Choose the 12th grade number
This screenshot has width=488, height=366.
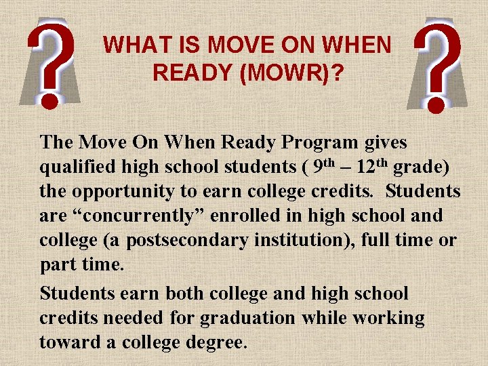click(x=371, y=166)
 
